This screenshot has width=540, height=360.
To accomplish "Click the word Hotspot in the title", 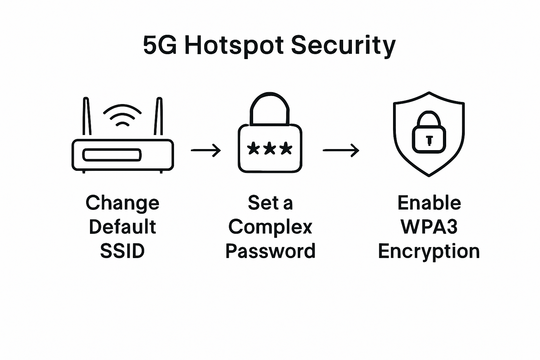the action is [234, 46].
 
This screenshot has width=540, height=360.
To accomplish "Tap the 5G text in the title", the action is [160, 46].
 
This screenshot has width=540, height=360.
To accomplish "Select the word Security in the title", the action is [343, 46].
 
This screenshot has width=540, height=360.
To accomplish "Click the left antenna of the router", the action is [87, 117].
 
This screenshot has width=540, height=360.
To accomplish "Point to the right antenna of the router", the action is [159, 117].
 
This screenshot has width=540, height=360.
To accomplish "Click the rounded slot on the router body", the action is [112, 155].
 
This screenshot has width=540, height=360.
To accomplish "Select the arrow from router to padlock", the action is [206, 150].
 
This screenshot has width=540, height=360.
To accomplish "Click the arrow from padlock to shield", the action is [341, 150].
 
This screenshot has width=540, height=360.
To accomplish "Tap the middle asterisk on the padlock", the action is [270, 148].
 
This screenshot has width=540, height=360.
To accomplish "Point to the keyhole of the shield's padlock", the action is [429, 140].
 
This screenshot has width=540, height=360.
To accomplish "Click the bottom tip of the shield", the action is [429, 175].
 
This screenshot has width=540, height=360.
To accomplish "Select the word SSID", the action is [122, 251].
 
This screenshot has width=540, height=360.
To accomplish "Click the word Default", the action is [122, 227].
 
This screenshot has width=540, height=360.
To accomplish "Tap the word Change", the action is [122, 203].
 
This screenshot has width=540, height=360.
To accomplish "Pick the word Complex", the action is [270, 227].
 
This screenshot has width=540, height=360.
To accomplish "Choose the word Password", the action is [270, 251].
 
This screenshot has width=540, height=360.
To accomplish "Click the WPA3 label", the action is [429, 227].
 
